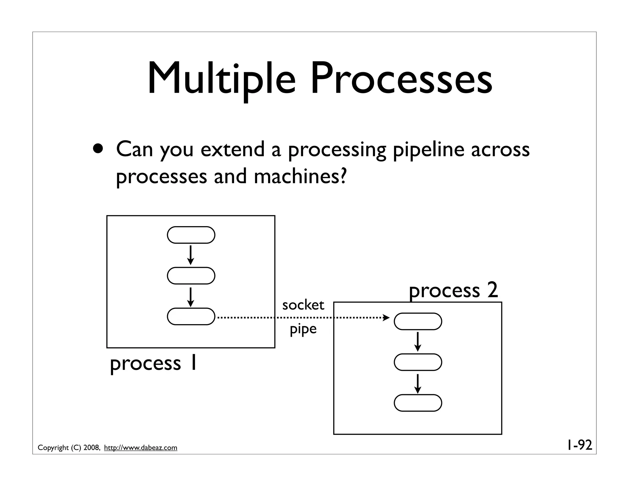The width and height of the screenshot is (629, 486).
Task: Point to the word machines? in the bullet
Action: click(x=300, y=177)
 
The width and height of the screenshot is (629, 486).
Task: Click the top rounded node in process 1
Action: click(x=191, y=235)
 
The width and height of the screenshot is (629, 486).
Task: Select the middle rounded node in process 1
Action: click(x=191, y=276)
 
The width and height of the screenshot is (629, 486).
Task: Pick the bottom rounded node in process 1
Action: click(x=191, y=316)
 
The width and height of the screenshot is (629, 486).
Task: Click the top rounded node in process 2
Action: click(x=418, y=321)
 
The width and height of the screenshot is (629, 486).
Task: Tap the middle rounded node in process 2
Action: click(x=418, y=362)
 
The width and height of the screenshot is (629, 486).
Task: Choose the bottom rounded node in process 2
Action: click(x=418, y=403)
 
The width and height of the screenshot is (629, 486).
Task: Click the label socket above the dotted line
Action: click(x=303, y=305)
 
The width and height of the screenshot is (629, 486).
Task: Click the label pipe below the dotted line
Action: click(x=303, y=329)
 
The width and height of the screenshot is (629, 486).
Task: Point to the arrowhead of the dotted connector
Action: click(x=386, y=318)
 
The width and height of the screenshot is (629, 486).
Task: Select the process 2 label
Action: click(x=453, y=291)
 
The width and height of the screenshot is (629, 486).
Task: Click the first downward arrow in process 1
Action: click(x=190, y=255)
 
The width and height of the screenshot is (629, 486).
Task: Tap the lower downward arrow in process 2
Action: click(x=417, y=383)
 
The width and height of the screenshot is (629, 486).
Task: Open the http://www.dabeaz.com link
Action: click(x=141, y=448)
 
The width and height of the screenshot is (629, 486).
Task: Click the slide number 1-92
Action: click(x=579, y=445)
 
